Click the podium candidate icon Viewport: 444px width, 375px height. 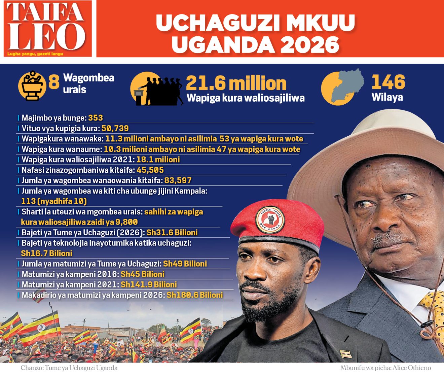click(32, 86)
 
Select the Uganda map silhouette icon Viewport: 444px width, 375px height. click(346, 86)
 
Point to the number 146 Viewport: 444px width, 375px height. click(388, 82)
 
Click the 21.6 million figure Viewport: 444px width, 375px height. click(236, 83)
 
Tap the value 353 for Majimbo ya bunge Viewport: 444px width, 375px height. click(96, 118)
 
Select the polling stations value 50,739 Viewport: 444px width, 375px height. click(115, 128)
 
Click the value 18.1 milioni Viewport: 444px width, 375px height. click(158, 160)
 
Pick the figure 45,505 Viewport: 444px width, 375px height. click(150, 170)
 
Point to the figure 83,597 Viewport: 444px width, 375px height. click(178, 180)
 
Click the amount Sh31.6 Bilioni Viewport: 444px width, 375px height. click(172, 233)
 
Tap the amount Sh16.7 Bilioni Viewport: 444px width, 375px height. click(47, 253)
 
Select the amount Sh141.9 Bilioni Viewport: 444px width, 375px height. click(149, 284)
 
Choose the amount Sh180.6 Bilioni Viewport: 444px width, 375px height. click(195, 295)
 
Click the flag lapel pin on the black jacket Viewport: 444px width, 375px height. click(346, 354)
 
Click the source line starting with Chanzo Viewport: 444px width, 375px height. click(69, 368)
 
